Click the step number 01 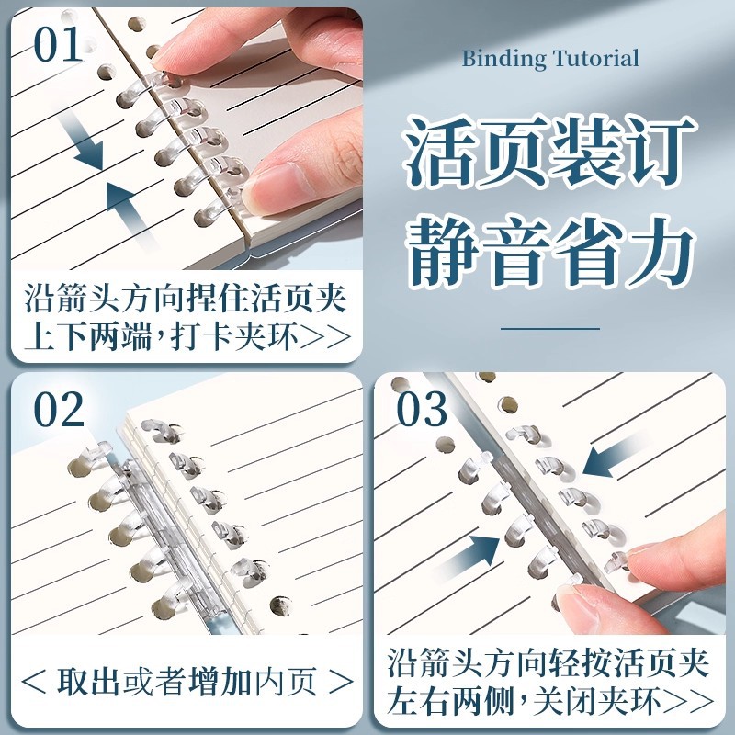59,46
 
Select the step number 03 422,411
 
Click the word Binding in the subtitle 503,60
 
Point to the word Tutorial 595,60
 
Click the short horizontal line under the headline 549,327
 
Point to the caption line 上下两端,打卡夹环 184,337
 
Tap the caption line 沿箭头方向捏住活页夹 184,300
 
